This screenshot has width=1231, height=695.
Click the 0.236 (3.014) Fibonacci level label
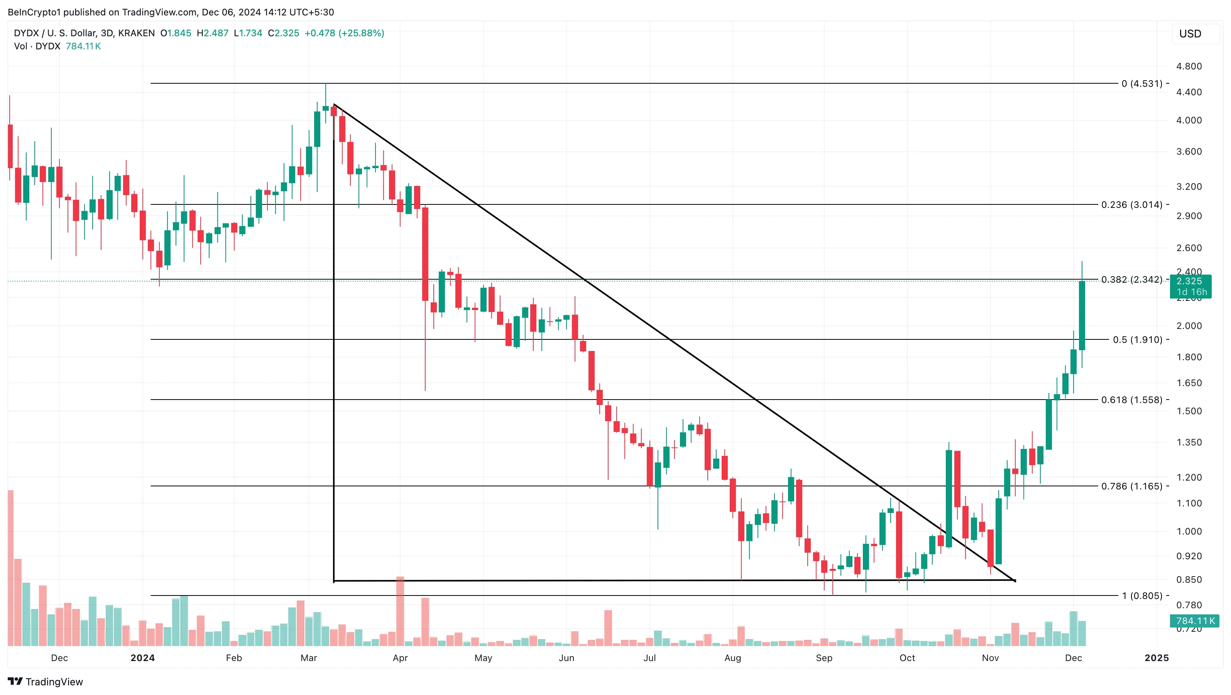(x=1131, y=205)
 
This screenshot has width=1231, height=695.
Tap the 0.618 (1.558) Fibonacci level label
(x=1131, y=400)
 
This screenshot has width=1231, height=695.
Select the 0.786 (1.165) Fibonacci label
(x=1131, y=486)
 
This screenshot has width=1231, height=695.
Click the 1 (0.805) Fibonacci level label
(x=1142, y=595)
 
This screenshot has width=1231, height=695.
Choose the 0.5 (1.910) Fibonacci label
(x=1137, y=340)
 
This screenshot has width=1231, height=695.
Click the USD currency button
(x=1190, y=34)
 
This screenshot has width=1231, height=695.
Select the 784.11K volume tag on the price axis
(x=1195, y=621)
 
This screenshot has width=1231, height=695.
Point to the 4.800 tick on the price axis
(x=1189, y=66)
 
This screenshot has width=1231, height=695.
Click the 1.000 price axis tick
(x=1189, y=531)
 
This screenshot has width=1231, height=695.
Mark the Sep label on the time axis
(x=824, y=658)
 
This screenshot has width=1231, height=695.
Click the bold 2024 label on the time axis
(x=142, y=658)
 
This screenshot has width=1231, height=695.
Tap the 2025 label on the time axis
(x=1157, y=658)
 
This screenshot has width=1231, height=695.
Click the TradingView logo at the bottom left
(x=46, y=682)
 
